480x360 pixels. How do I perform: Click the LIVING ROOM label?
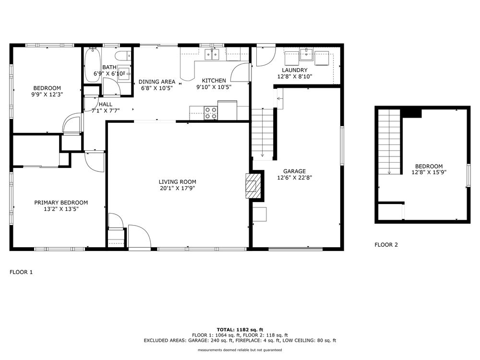pyautogui.click(x=178, y=182)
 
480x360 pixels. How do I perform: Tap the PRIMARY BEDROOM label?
pyautogui.click(x=61, y=203)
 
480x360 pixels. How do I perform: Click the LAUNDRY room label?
pyautogui.click(x=294, y=70)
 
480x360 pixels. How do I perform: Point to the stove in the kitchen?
pyautogui.click(x=210, y=113)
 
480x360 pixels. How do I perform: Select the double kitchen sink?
pyautogui.click(x=212, y=54)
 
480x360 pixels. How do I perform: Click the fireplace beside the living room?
pyautogui.click(x=254, y=186)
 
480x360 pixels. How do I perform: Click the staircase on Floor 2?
pyautogui.click(x=389, y=142)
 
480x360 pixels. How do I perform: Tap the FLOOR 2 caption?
pyautogui.click(x=386, y=245)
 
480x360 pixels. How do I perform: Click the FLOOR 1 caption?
pyautogui.click(x=21, y=272)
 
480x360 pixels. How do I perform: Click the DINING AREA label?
pyautogui.click(x=156, y=82)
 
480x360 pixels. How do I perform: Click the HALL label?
pyautogui.click(x=106, y=104)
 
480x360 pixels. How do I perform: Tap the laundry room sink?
pyautogui.click(x=306, y=54)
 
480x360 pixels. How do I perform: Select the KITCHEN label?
pyautogui.click(x=214, y=81)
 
